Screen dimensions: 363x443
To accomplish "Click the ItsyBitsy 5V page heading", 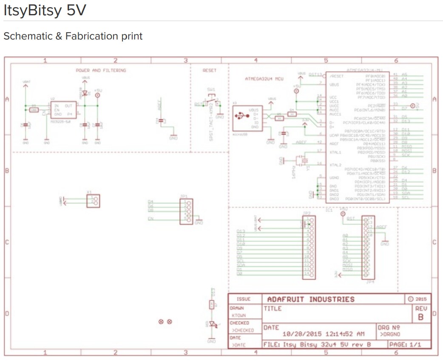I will pyautogui.click(x=45, y=11).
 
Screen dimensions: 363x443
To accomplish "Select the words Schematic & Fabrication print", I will pyautogui.click(x=73, y=36).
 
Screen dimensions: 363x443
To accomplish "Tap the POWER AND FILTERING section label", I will pyautogui.click(x=101, y=70).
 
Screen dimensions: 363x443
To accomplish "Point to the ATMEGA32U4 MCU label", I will pyautogui.click(x=264, y=79).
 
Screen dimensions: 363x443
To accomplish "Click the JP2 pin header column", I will pyautogui.click(x=309, y=248).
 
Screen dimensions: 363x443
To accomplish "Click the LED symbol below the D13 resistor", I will pyautogui.click(x=212, y=325).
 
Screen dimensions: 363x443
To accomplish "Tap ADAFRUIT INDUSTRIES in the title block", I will pyautogui.click(x=310, y=299).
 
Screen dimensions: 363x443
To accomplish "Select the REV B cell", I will pyautogui.click(x=420, y=313).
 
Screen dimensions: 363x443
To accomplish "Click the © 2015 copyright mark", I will pyautogui.click(x=416, y=299).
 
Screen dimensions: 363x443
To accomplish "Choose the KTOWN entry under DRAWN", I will pyautogui.click(x=239, y=316).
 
